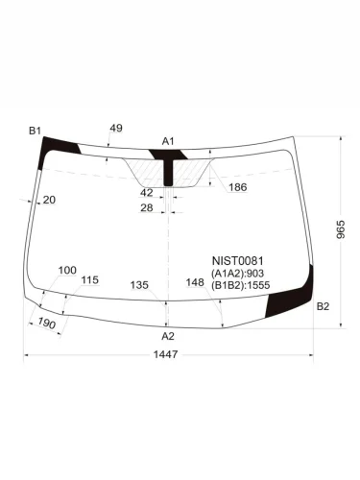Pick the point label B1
[35, 131]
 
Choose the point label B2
[323, 306]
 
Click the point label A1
[168, 141]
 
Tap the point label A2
[168, 336]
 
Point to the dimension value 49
[116, 128]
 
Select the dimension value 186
[238, 187]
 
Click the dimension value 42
[147, 192]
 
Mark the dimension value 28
[147, 207]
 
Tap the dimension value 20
[49, 200]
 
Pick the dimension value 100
[67, 271]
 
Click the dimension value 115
[90, 280]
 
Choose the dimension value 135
[139, 285]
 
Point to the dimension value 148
[195, 282]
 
